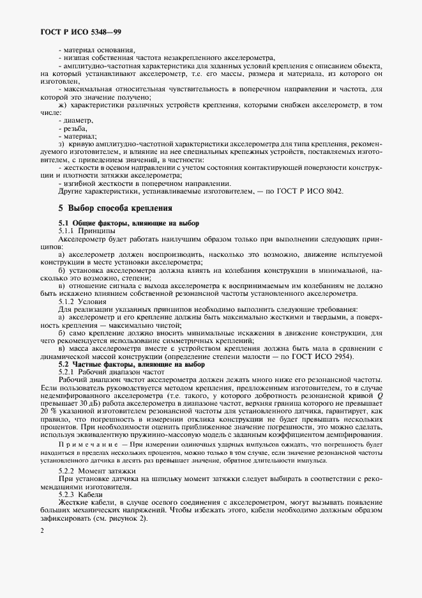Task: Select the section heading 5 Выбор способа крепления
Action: click(x=114, y=208)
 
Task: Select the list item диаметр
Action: click(x=77, y=120)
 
